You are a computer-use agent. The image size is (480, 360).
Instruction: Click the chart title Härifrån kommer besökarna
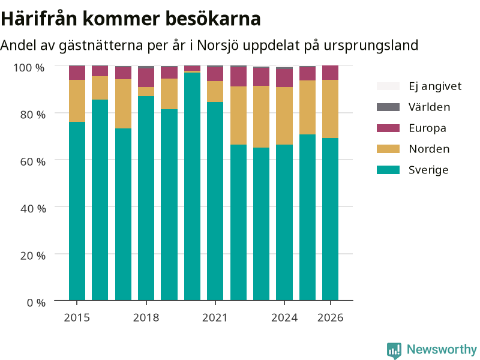(131, 19)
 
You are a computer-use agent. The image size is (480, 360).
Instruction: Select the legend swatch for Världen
(388, 107)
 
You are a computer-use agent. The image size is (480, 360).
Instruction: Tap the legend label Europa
(427, 128)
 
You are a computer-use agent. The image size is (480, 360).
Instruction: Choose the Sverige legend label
(428, 170)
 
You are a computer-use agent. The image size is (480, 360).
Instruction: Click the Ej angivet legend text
(435, 86)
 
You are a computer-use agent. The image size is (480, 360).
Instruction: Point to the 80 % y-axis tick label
(33, 115)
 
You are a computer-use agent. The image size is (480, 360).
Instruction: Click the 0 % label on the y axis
(36, 302)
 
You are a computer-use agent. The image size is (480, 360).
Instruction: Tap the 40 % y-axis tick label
(33, 208)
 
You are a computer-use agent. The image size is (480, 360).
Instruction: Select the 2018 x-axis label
(146, 317)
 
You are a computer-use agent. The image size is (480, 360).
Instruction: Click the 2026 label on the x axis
(331, 317)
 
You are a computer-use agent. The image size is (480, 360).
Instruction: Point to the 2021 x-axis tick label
(215, 317)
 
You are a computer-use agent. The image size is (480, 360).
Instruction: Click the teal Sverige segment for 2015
(77, 211)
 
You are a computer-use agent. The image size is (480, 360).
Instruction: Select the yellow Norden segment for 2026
(331, 109)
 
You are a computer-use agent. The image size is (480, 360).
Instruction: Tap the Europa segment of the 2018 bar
(146, 78)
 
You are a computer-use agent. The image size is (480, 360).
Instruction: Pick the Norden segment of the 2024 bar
(284, 116)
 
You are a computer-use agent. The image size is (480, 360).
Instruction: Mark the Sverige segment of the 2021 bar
(215, 201)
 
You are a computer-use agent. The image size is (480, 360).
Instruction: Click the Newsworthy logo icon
(394, 350)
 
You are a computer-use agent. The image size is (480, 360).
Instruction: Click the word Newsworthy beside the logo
(442, 349)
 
